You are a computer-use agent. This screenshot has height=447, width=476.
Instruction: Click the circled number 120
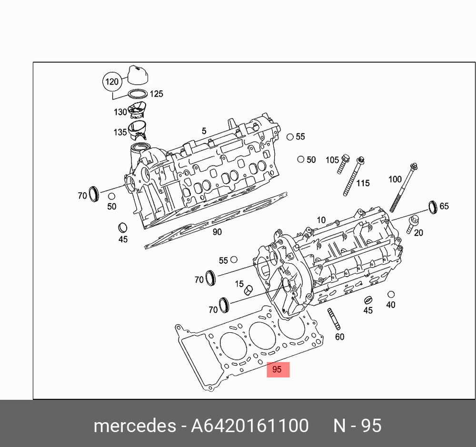(x=112, y=82)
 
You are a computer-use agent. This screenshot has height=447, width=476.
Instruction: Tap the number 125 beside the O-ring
(x=156, y=94)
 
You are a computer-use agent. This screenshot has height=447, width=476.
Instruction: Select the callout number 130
(x=120, y=112)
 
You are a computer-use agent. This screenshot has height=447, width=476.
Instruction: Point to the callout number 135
(x=120, y=132)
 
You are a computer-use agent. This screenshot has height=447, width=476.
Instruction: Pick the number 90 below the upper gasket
(x=217, y=232)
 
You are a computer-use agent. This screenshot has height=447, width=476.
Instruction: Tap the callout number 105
(x=332, y=160)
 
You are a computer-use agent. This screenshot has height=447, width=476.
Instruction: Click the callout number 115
(x=363, y=183)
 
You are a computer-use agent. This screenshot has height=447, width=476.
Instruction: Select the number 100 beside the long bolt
(x=395, y=179)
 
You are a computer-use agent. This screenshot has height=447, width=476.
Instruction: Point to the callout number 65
(x=444, y=206)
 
